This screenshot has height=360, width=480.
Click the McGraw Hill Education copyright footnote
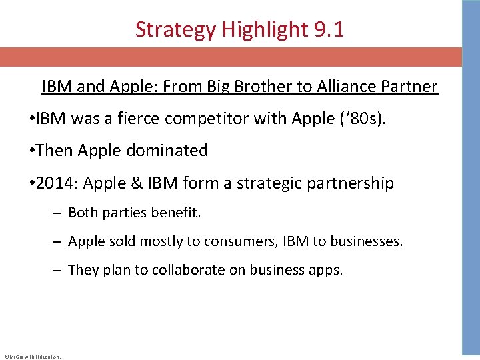tap(32, 357)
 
